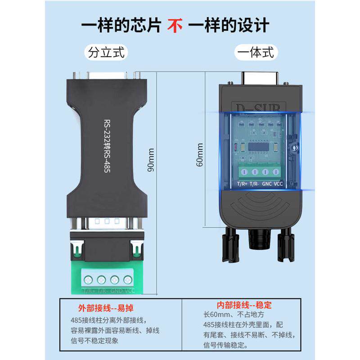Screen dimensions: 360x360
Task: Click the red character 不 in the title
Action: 175,25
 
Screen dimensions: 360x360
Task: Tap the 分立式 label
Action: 106,52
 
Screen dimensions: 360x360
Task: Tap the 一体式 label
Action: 255,52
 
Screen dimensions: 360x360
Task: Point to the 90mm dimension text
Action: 151,160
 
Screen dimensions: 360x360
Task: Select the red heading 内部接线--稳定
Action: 244,305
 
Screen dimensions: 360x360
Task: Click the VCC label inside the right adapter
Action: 278,184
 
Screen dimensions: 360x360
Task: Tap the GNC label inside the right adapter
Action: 267,184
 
